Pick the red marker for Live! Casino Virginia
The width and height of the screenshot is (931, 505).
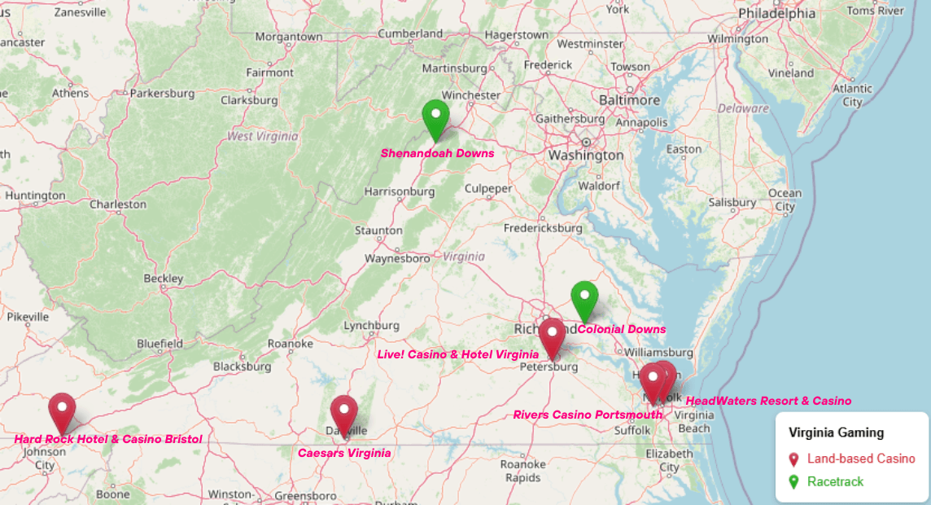pos(552,335)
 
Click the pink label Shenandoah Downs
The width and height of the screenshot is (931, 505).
pos(437,153)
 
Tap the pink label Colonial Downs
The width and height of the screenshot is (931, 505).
pos(622,330)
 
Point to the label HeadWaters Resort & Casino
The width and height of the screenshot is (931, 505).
pos(768,401)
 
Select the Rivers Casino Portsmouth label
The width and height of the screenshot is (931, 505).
pos(588,415)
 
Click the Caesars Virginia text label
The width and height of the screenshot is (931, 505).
pos(344,453)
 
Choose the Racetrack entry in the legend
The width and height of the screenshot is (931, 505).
pos(835,481)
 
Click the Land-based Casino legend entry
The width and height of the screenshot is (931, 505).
pos(861,459)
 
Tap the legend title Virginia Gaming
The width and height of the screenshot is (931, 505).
pos(836,433)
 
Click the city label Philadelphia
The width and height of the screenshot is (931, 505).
pos(776,14)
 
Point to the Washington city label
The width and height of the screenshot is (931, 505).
pos(586,155)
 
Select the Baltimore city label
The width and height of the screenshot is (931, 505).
pos(629,99)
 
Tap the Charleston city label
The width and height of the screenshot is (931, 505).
pos(118,204)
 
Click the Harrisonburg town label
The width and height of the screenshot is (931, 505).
pos(399,192)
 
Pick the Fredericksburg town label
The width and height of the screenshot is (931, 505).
pos(543,228)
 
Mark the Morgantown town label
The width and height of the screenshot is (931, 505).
pos(289,37)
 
